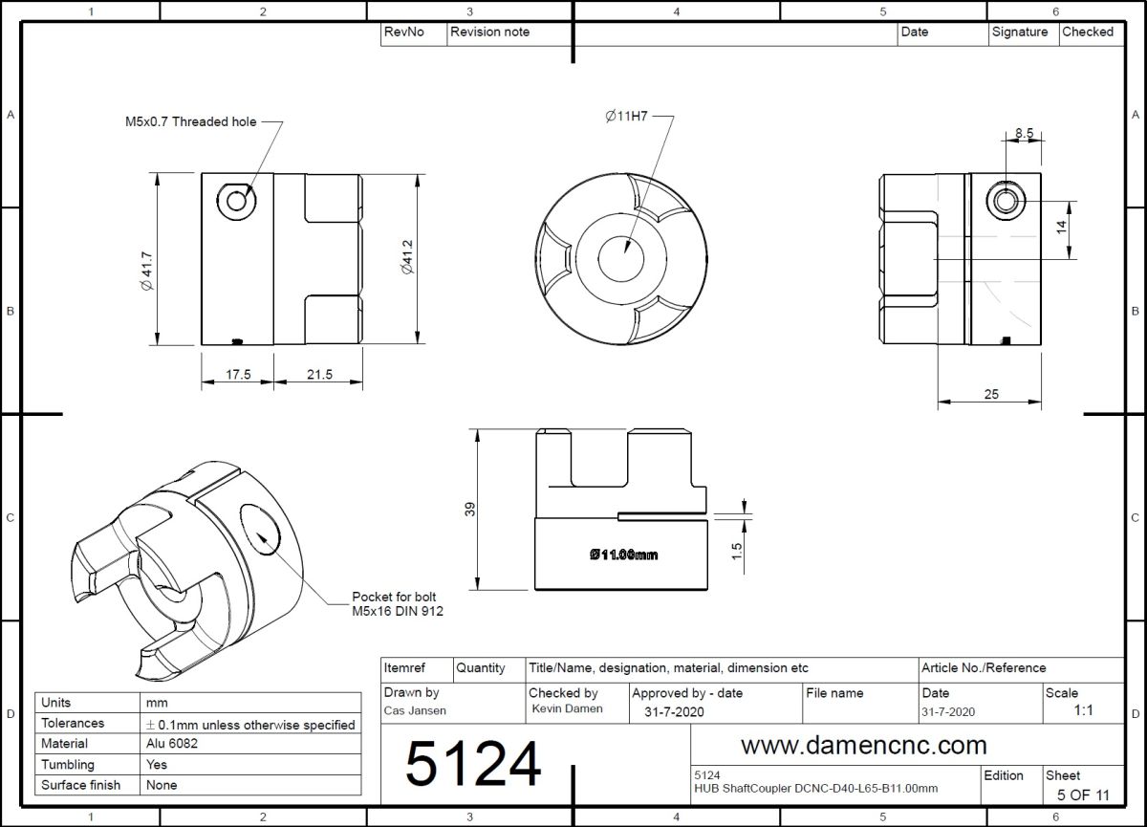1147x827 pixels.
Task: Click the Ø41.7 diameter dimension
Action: click(147, 271)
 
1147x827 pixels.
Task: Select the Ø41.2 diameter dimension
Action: click(407, 257)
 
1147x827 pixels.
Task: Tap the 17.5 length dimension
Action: click(239, 375)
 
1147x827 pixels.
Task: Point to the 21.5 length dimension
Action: click(319, 375)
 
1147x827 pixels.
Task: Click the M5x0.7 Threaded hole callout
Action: click(191, 121)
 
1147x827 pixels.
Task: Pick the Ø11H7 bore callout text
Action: click(627, 117)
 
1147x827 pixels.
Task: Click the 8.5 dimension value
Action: click(1024, 133)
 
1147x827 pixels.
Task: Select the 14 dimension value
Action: click(1062, 227)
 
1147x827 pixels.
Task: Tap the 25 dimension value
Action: click(991, 394)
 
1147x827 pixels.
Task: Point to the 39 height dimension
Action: click(469, 509)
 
